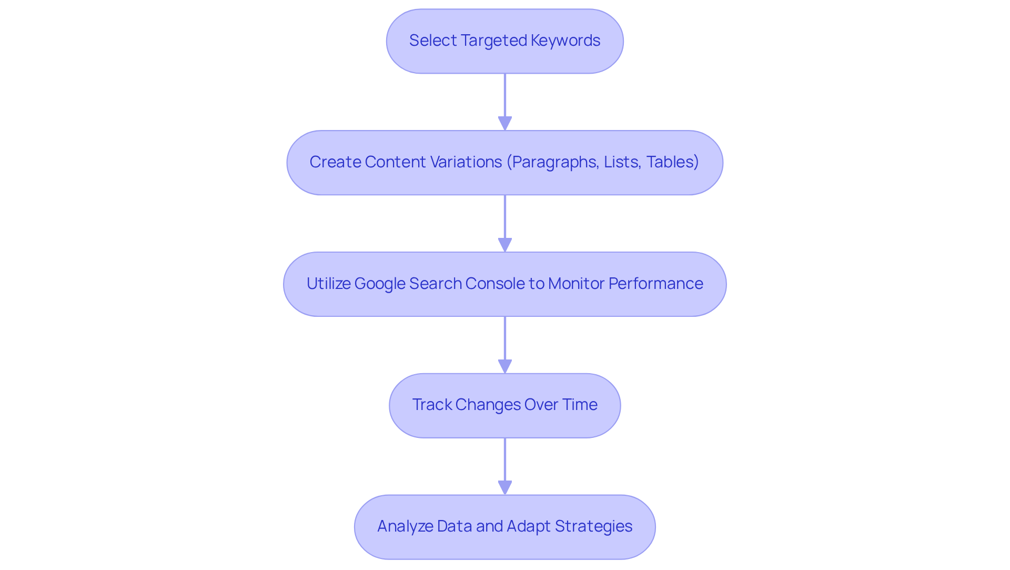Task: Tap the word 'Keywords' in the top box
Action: pyautogui.click(x=565, y=41)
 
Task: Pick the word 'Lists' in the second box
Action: pyautogui.click(x=622, y=162)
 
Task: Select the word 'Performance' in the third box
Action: pyautogui.click(x=655, y=284)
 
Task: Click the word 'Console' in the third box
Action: pyautogui.click(x=495, y=284)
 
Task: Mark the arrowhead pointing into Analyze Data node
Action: pyautogui.click(x=505, y=487)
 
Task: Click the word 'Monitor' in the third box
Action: pyautogui.click(x=576, y=284)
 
